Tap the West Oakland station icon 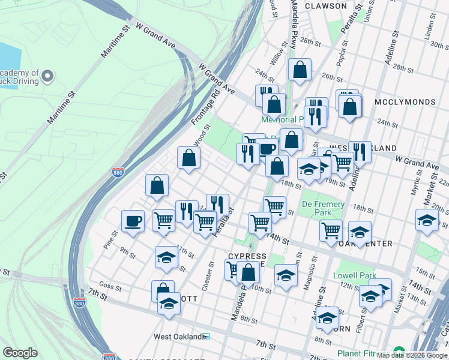[x=206, y=337]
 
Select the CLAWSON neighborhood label [x=325, y=6]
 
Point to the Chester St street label [x=208, y=275]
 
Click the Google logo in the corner [x=20, y=353]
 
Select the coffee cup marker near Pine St [x=133, y=221]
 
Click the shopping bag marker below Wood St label [x=188, y=158]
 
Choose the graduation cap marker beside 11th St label [x=166, y=257]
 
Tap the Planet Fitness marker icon [x=399, y=352]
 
